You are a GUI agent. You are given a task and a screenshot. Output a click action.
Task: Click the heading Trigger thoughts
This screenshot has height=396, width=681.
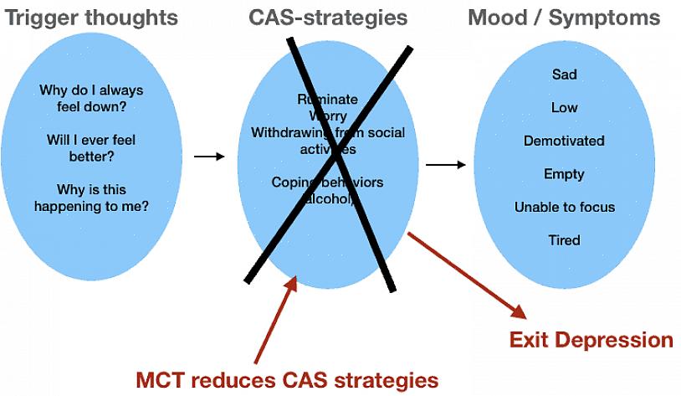[91, 17]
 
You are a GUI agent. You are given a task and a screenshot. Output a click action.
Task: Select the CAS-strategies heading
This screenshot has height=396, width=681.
[328, 17]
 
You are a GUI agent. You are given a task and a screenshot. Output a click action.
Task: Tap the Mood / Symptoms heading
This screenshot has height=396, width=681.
[564, 17]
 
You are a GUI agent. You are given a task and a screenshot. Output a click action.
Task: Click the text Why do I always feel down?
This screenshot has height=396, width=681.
[91, 98]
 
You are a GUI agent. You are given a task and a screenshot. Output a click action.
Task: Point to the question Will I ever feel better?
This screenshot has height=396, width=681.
[91, 147]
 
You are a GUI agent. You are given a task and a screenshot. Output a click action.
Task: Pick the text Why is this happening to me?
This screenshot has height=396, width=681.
[91, 197]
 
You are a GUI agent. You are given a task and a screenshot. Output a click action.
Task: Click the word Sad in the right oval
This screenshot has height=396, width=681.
[565, 75]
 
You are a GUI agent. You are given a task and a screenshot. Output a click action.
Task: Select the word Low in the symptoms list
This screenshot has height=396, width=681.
[565, 108]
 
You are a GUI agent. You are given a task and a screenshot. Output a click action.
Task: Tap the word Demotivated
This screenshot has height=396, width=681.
[564, 141]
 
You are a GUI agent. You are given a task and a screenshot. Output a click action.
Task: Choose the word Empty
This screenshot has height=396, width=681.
[564, 174]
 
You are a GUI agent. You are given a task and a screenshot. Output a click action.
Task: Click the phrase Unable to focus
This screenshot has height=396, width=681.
[565, 207]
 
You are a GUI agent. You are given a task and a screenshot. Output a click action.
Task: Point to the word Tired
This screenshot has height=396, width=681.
[564, 240]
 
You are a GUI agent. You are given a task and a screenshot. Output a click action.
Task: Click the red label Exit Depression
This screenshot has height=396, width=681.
[591, 340]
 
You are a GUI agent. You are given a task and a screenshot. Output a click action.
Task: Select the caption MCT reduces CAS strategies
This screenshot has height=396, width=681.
[287, 379]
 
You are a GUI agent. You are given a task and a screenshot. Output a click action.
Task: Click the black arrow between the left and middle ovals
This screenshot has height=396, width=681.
[209, 157]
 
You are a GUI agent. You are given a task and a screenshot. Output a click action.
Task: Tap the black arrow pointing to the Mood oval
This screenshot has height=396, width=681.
[445, 164]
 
